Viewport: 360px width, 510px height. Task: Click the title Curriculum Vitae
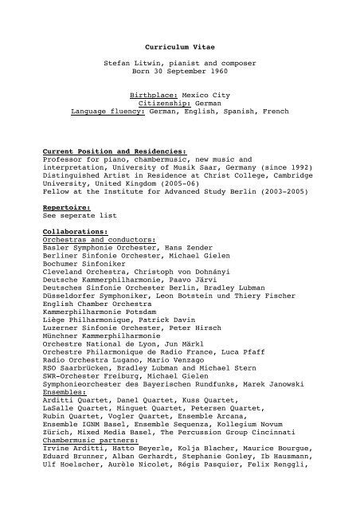[179, 48]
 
